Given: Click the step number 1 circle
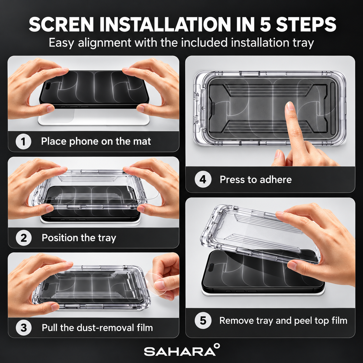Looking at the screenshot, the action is point(23,142).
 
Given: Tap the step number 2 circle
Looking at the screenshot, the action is point(24,238).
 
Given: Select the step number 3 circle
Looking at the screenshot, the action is point(24,328).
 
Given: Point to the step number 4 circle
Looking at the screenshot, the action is point(203,179).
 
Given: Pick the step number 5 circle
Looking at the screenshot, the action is point(203,320).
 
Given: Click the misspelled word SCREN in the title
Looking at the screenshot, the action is point(61,25).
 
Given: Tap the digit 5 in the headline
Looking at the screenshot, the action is point(265,25).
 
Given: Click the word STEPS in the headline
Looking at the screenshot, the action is point(306,25).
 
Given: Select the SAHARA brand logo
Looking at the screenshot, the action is point(180,351).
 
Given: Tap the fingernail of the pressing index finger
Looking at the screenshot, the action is point(290,106).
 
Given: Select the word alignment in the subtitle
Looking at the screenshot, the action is point(105,43).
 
